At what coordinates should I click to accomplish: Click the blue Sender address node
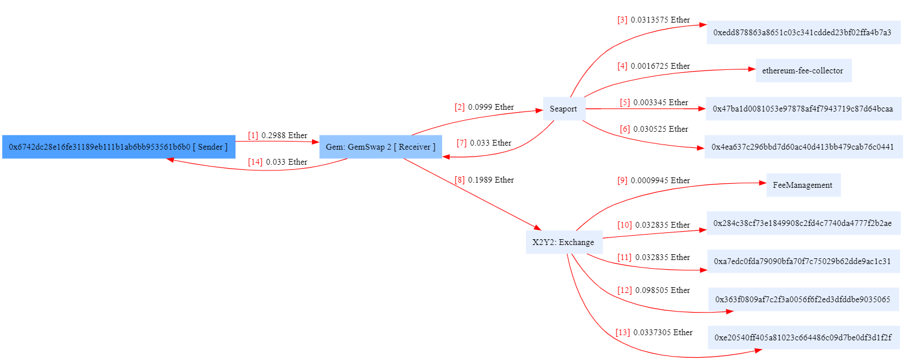click(118, 147)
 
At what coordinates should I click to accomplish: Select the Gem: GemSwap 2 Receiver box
click(380, 147)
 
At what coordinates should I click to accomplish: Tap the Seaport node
click(563, 109)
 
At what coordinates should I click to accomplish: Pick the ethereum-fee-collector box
click(803, 70)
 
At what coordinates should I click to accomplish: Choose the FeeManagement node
click(803, 185)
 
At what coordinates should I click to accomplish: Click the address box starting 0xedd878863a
click(803, 32)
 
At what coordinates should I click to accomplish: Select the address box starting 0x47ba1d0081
click(803, 109)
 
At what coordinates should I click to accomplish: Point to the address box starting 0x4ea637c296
click(803, 147)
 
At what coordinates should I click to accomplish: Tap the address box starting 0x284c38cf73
click(803, 223)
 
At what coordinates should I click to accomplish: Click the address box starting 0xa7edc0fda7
click(803, 261)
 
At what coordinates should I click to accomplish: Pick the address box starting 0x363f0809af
click(803, 299)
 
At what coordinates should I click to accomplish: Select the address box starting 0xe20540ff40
click(803, 337)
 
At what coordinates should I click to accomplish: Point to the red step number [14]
click(255, 162)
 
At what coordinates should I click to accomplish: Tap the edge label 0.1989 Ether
click(491, 180)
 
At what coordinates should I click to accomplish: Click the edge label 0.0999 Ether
click(491, 107)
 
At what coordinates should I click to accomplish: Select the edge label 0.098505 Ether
click(662, 290)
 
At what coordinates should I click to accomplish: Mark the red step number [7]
click(461, 143)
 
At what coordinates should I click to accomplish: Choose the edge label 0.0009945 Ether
click(660, 180)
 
